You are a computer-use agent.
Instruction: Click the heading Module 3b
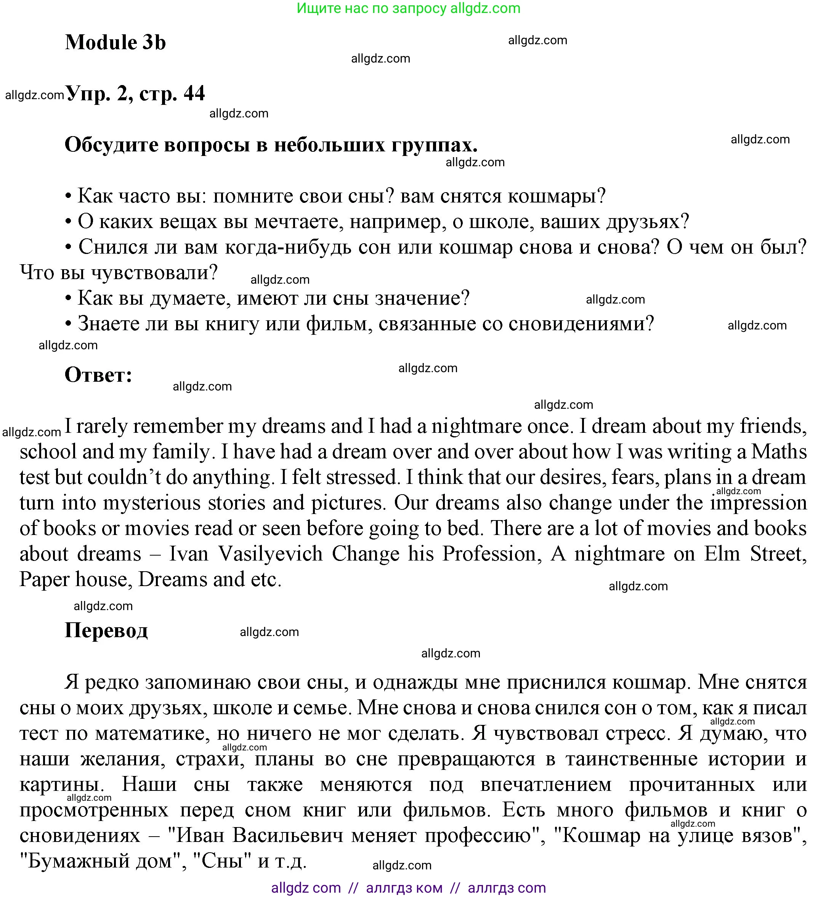pos(115,42)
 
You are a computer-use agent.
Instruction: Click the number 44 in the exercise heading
pos(194,93)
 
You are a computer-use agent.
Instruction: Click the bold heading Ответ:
pos(98,375)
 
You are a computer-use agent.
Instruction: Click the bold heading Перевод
pos(106,631)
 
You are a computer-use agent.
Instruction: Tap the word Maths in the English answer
pos(779,452)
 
